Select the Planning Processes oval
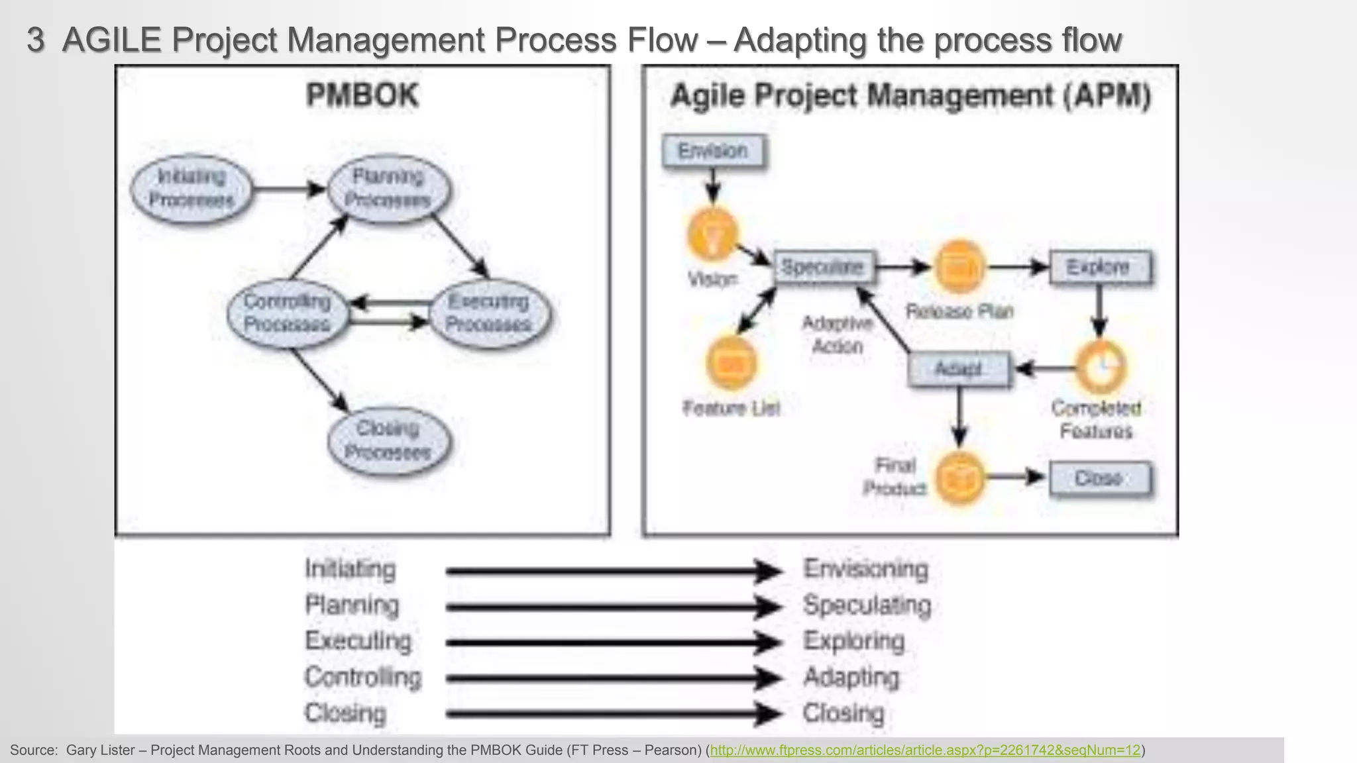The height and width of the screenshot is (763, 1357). coord(389,188)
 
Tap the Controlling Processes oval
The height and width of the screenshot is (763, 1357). coord(287,313)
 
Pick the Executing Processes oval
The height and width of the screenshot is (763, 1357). coord(489,313)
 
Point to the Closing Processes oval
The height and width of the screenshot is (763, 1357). coord(388,440)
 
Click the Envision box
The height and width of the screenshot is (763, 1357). coord(714,151)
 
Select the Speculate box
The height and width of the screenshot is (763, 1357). coord(823,267)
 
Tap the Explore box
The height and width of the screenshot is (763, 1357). coord(1099,267)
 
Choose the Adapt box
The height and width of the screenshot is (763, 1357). coord(959,369)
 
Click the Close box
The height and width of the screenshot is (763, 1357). coord(1099,478)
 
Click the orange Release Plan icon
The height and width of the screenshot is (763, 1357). coord(959,267)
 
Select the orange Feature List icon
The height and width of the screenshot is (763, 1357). coord(732,363)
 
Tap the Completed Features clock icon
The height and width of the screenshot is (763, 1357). coord(1101,366)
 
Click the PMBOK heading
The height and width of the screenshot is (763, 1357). coord(362,95)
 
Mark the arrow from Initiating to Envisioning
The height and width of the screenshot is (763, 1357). coord(613,571)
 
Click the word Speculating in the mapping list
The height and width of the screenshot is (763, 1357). coord(867,605)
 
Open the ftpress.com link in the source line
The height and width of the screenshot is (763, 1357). coord(925,750)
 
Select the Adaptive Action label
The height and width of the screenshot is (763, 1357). coord(838,334)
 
